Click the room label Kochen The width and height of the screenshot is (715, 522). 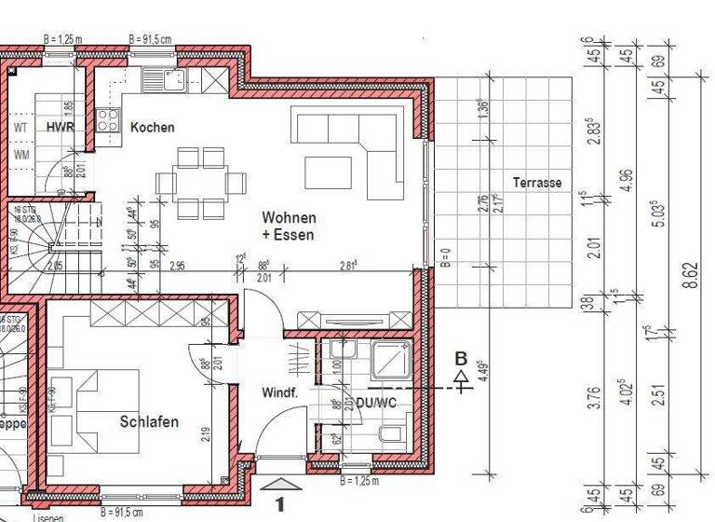tap(152, 127)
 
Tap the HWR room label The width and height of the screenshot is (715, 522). tap(61, 127)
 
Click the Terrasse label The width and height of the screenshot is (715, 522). tap(537, 183)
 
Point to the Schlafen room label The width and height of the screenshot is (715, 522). tap(149, 421)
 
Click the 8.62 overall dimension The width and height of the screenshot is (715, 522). tap(690, 277)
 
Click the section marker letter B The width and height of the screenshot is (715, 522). tap(460, 357)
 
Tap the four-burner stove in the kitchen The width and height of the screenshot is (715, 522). tap(108, 119)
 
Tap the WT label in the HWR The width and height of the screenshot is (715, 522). tap(21, 127)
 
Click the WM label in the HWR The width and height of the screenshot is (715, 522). tap(21, 154)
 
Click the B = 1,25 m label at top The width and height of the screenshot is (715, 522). tap(63, 40)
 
